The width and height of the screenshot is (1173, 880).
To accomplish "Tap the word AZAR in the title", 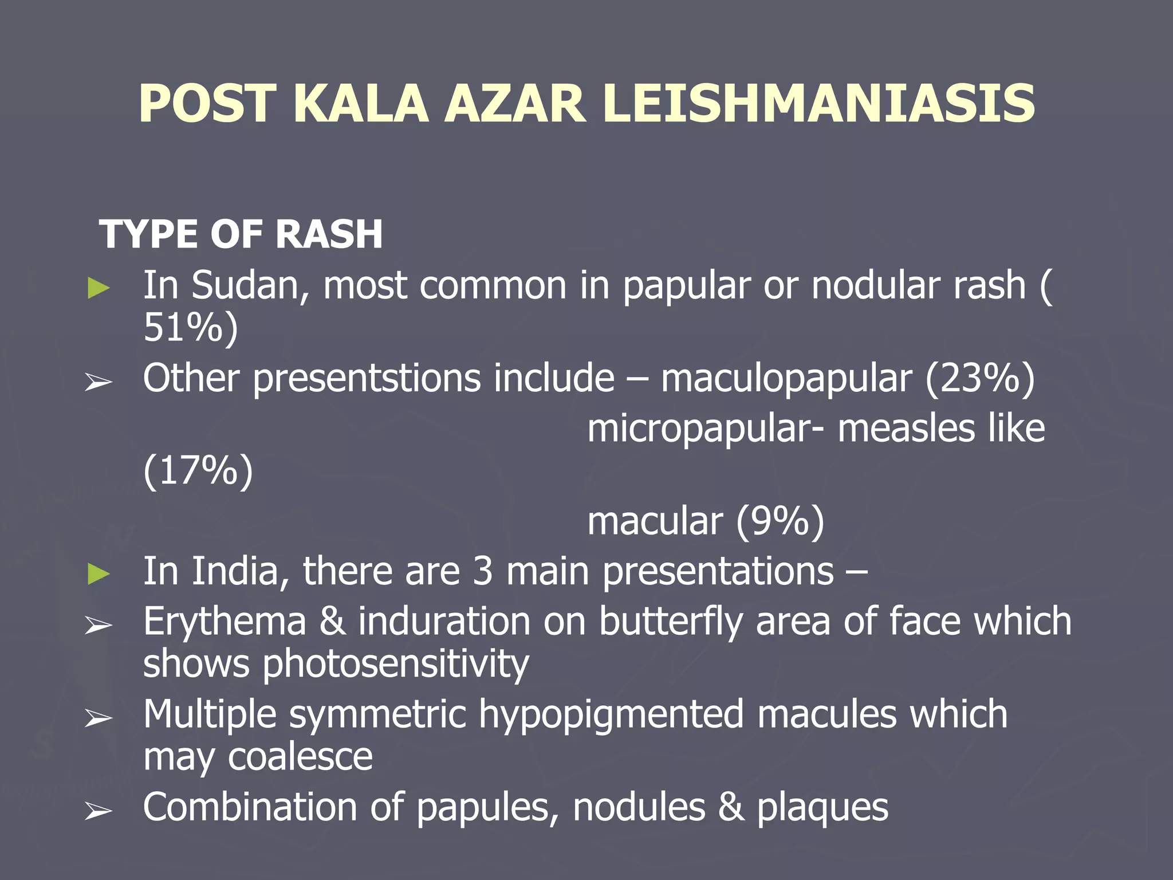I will tap(515, 104).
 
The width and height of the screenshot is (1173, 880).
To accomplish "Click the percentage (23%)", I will tap(980, 378).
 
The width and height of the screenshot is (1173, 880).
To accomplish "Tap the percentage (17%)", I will tap(198, 470).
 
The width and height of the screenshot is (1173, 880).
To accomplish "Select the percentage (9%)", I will tap(780, 521).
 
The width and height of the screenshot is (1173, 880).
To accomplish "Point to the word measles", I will tap(906, 429).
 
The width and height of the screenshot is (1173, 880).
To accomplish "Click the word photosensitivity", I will tap(396, 665).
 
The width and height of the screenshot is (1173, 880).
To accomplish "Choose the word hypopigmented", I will tap(611, 716).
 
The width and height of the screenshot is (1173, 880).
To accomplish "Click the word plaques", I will tap(822, 808).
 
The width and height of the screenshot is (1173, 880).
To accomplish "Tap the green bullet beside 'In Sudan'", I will tap(99, 288).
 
